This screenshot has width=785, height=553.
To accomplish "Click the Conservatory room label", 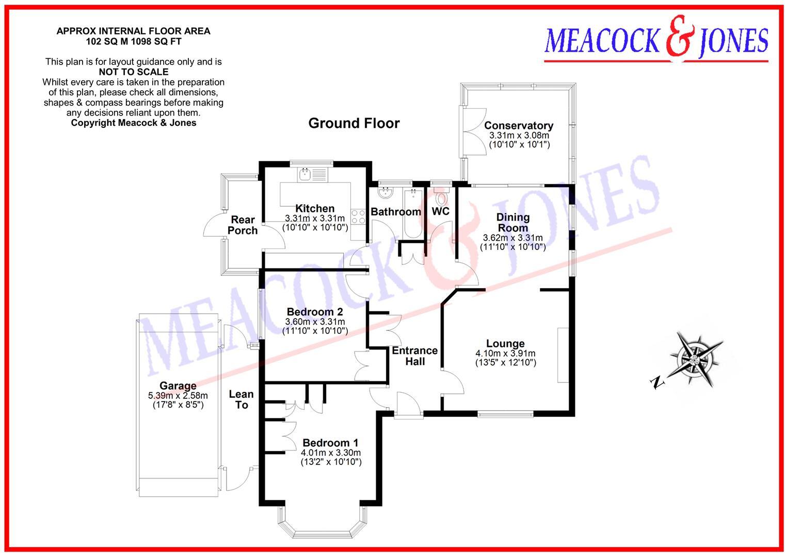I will tap(518, 125).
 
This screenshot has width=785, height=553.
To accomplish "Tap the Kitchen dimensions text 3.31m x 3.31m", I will tap(314, 218).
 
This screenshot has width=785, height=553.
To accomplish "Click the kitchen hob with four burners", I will tap(358, 217).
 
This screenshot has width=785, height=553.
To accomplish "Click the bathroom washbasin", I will tap(386, 193).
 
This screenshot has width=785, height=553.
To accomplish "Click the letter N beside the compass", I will tap(656, 382).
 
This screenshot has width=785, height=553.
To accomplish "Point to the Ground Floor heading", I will tap(354, 123).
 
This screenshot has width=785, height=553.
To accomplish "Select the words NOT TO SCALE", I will tap(133, 72).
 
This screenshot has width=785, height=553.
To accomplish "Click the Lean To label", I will tap(241, 399).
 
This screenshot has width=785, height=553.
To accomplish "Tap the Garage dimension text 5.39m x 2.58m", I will tap(178, 396).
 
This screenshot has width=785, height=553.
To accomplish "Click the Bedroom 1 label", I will tap(330, 443).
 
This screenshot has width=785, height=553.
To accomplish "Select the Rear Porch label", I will tap(242, 225).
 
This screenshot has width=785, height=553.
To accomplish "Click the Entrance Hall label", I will tap(414, 356).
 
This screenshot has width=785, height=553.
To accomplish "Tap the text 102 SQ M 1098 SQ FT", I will tap(133, 41).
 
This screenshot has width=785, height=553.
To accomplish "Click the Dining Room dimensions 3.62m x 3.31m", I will tap(512, 238).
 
